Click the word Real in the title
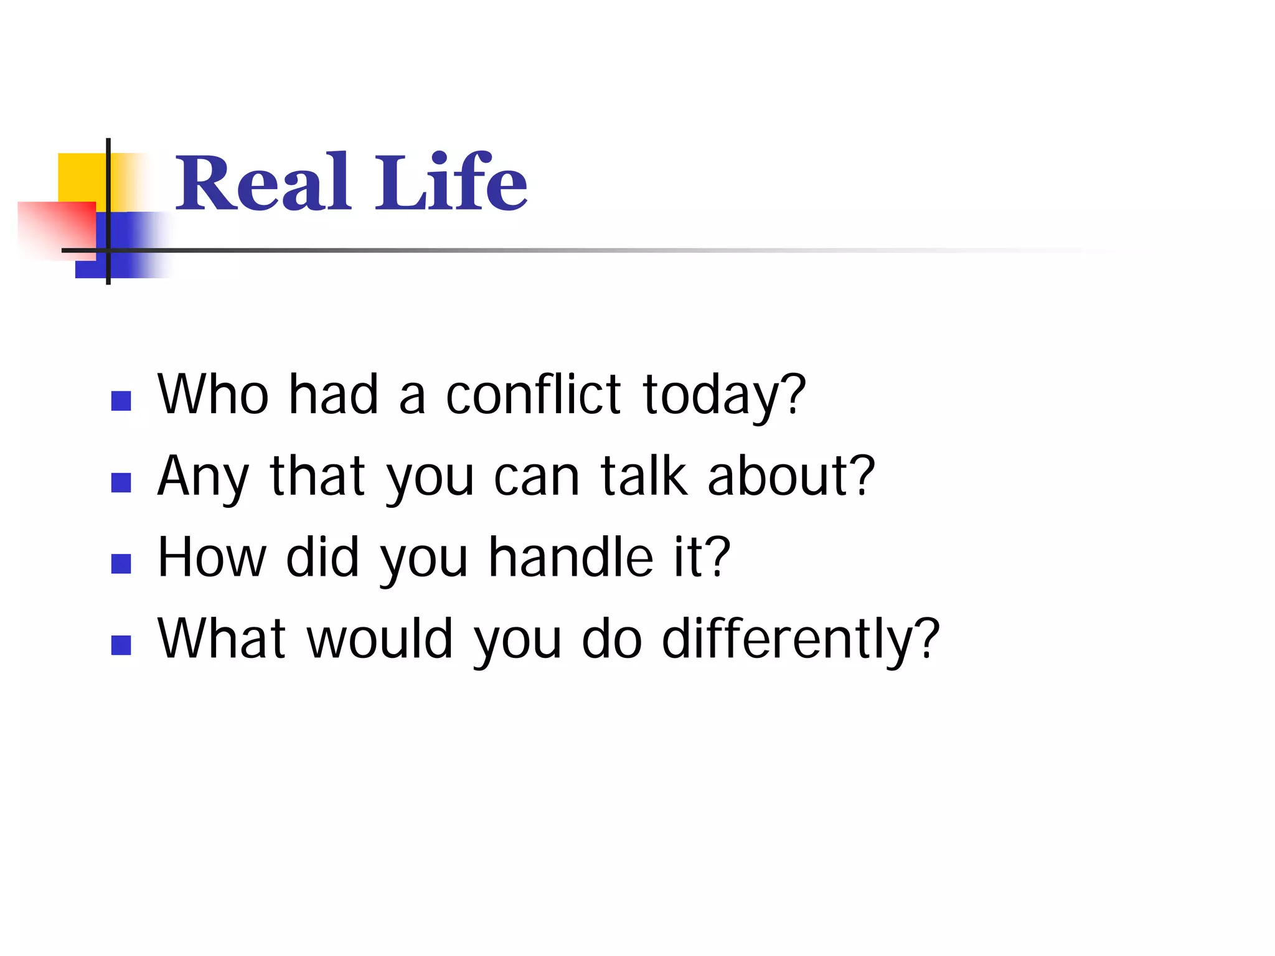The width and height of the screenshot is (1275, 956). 261,183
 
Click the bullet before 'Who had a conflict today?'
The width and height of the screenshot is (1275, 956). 121,401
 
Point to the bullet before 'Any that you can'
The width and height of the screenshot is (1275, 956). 121,482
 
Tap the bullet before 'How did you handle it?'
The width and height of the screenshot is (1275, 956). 121,564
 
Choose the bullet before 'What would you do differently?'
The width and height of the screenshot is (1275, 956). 121,645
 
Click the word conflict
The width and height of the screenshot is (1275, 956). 533,395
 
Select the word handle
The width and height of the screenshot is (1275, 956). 570,557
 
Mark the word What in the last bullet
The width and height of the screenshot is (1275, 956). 222,639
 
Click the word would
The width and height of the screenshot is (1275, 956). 380,639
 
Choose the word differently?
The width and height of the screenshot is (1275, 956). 800,640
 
